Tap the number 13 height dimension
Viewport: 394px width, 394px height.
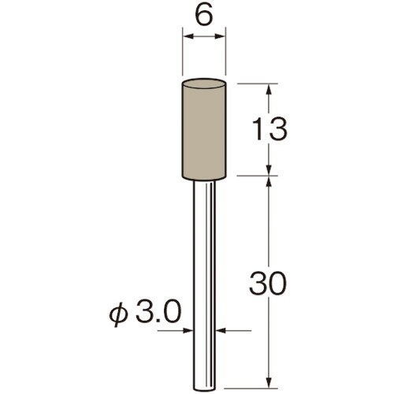(269, 129)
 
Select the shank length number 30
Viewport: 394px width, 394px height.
(267, 284)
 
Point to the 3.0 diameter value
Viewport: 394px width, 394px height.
(159, 312)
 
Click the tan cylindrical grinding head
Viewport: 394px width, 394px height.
(204, 129)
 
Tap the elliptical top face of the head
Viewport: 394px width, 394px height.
(204, 83)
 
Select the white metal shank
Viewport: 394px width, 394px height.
(204, 285)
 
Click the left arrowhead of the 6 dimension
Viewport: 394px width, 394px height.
(188, 36)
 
